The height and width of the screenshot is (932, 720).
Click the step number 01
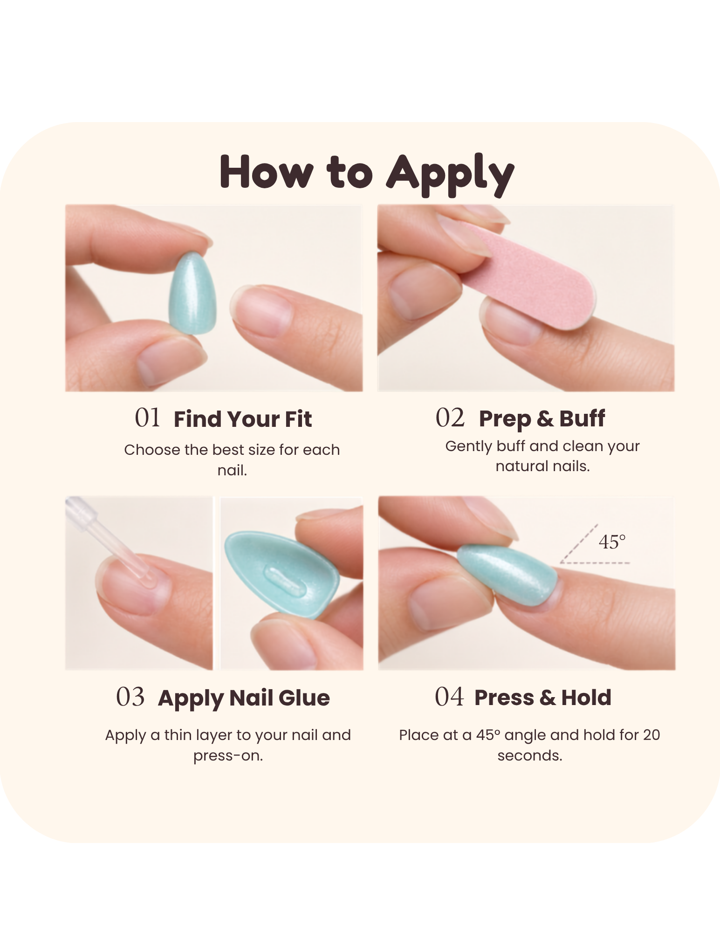pyautogui.click(x=148, y=418)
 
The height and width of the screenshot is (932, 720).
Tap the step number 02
pyautogui.click(x=450, y=418)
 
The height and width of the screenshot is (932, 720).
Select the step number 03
pyautogui.click(x=130, y=697)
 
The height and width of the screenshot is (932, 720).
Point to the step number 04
pyautogui.click(x=449, y=697)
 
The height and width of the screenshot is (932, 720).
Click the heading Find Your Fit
pyautogui.click(x=243, y=419)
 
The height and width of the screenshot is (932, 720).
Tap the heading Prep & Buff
pyautogui.click(x=542, y=419)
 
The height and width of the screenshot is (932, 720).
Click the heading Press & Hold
pyautogui.click(x=543, y=698)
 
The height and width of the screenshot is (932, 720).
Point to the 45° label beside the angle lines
pyautogui.click(x=612, y=542)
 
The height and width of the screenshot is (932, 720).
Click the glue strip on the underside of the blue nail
pyautogui.click(x=285, y=581)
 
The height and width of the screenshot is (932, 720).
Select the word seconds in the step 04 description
pyautogui.click(x=530, y=755)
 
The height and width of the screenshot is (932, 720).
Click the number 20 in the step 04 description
pyautogui.click(x=651, y=735)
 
